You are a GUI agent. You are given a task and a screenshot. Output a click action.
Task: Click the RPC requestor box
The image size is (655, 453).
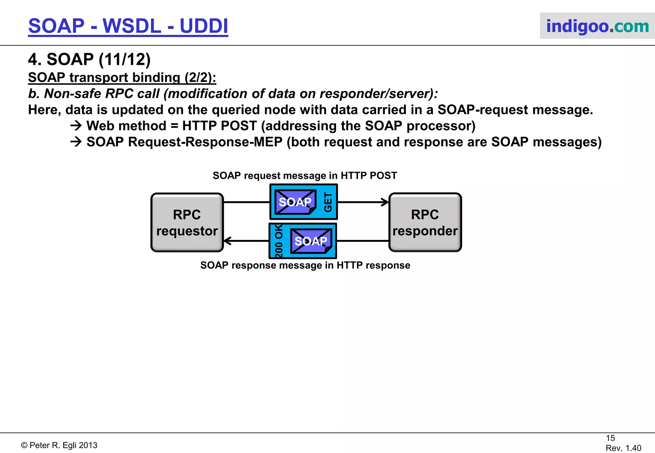tap(187, 222)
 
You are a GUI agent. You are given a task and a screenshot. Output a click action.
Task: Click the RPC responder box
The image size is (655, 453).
tap(425, 222)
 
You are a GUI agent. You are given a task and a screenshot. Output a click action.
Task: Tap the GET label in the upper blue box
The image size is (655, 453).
tap(328, 202)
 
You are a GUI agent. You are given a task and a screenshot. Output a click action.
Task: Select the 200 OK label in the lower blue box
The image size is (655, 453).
tap(279, 241)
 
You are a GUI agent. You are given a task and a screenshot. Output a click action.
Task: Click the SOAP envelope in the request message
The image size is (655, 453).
tap(295, 202)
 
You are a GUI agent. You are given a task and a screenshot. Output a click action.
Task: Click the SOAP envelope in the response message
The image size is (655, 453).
tap(311, 241)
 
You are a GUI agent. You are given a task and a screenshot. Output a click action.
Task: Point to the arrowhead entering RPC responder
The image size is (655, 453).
tap(385, 202)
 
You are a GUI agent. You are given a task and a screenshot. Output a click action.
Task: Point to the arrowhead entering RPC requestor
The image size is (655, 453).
tap(227, 241)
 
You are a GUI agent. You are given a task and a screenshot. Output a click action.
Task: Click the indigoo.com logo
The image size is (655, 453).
tap(597, 26)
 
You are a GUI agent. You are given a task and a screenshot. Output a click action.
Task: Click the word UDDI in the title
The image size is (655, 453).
tap(204, 26)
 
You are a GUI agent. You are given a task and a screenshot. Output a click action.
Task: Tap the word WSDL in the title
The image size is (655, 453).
tap(132, 26)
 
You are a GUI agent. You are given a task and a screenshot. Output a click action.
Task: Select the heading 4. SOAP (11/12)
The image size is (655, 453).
tap(89, 59)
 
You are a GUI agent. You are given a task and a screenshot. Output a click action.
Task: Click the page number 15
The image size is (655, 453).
tap(610, 438)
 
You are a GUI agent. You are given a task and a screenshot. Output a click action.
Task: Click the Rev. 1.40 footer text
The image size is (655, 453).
tap(623, 448)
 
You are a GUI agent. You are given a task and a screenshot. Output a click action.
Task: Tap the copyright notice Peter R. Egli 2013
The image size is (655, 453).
tap(59, 445)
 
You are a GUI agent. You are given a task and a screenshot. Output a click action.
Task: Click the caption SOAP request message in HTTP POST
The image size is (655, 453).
tap(304, 175)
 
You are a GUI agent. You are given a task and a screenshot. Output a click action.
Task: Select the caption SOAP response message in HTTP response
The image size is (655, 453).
tap(305, 265)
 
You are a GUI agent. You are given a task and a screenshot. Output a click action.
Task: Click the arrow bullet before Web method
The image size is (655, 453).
tap(76, 126)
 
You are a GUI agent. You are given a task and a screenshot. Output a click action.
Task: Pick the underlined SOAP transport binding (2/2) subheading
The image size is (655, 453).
tap(122, 77)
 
